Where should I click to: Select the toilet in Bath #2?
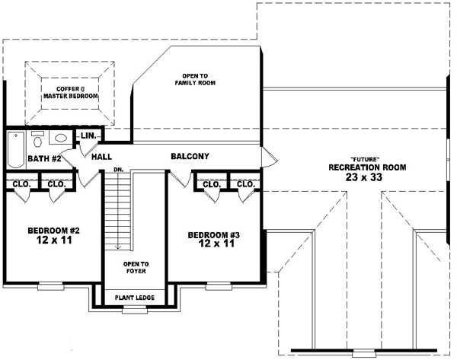(x=38, y=140)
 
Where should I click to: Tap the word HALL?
(x=102, y=157)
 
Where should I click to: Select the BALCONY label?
(x=190, y=157)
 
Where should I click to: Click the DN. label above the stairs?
(x=118, y=170)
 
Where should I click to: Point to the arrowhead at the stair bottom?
(x=118, y=247)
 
